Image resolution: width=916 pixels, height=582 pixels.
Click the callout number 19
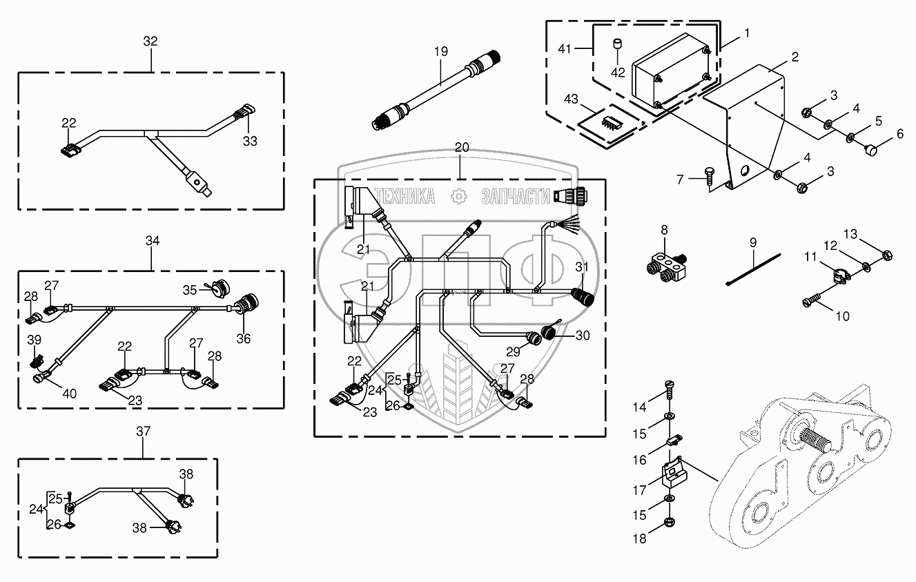click(x=441, y=52)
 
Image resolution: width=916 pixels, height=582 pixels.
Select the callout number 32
click(x=150, y=41)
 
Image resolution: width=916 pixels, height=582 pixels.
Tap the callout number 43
click(x=572, y=99)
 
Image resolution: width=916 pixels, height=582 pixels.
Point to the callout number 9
click(x=753, y=242)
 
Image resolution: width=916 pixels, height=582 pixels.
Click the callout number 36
click(x=243, y=339)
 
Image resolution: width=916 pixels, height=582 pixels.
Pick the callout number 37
click(x=144, y=431)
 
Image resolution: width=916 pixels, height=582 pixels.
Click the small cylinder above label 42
click(x=617, y=43)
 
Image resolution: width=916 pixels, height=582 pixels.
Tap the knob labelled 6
click(x=870, y=151)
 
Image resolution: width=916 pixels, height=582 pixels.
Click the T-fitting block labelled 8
click(x=665, y=266)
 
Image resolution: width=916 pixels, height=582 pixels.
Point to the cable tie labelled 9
click(x=754, y=269)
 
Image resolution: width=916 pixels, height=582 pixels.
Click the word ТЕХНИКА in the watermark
click(x=405, y=196)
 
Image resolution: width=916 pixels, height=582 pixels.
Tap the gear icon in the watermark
click(x=458, y=197)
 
